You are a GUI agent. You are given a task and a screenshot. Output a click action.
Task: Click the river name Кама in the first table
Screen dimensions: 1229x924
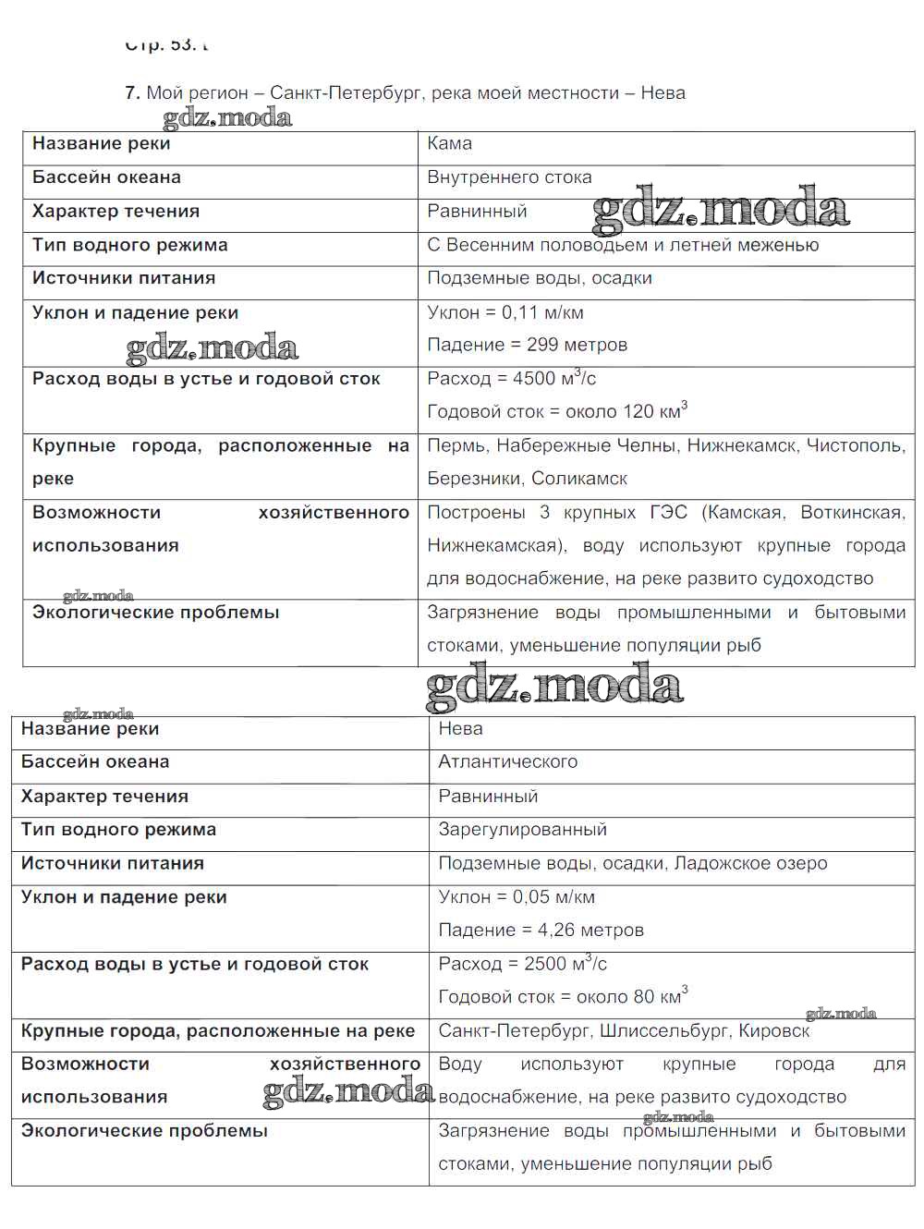[449, 143]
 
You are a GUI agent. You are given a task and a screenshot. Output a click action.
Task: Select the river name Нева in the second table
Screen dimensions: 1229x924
[460, 728]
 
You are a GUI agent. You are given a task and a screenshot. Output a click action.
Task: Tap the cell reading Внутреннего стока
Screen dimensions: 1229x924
[509, 177]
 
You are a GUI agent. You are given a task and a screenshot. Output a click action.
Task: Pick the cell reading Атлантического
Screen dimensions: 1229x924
[507, 761]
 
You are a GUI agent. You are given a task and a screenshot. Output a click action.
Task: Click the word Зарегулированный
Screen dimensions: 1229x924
[522, 830]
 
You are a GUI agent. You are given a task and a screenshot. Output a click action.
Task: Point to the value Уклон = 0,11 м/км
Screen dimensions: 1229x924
[505, 312]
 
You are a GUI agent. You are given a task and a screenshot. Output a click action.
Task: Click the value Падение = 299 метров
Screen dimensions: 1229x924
[527, 345]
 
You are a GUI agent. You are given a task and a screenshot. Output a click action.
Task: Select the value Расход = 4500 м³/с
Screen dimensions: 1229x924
[511, 378]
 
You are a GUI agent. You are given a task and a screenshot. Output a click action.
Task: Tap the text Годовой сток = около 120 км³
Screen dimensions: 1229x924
[557, 411]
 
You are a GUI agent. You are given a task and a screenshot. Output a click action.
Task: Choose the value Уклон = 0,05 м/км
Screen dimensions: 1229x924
[517, 896]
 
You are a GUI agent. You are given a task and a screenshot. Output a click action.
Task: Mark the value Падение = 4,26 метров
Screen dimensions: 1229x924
[541, 930]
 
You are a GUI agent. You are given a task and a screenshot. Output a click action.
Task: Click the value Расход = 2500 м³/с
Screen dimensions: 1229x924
[522, 963]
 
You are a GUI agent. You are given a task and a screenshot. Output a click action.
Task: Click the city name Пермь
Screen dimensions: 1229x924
[456, 445]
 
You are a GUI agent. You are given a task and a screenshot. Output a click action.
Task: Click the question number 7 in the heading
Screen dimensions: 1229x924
[131, 92]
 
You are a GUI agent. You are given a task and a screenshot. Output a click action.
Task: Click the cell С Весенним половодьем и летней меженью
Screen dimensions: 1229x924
[623, 245]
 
